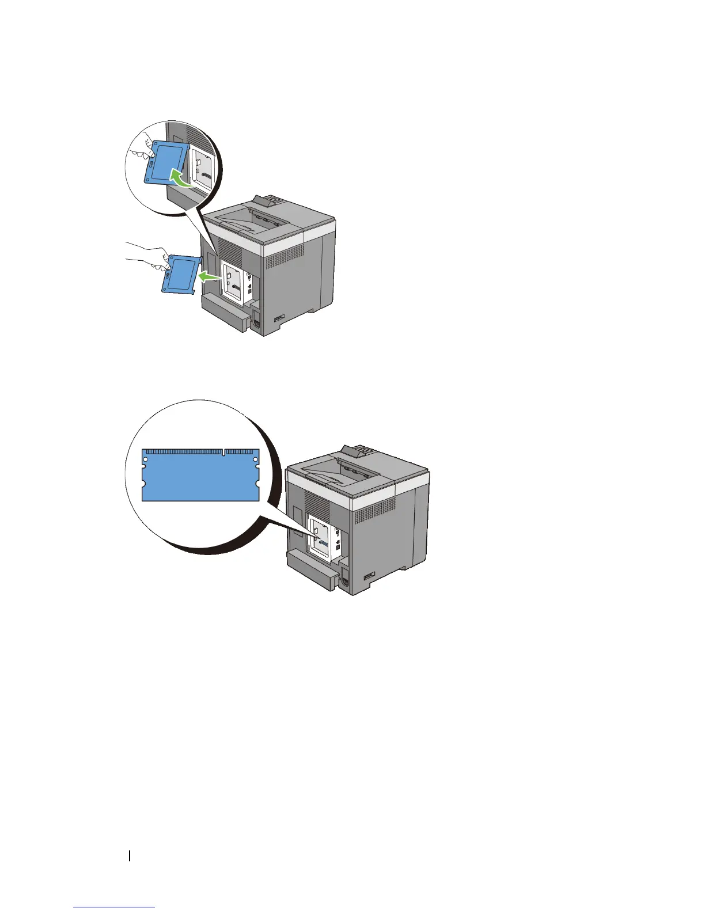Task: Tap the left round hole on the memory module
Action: pos(146,459)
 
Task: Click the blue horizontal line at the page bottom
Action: pos(114,907)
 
